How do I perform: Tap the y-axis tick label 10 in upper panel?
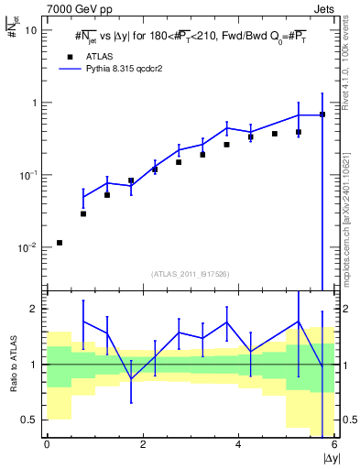(x=30, y=29)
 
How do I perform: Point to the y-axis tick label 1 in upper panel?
(x=33, y=103)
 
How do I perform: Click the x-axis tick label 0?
(x=47, y=445)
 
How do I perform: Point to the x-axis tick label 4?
(x=239, y=445)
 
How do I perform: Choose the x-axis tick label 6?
(x=335, y=445)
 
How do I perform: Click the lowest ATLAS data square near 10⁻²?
(x=60, y=243)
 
